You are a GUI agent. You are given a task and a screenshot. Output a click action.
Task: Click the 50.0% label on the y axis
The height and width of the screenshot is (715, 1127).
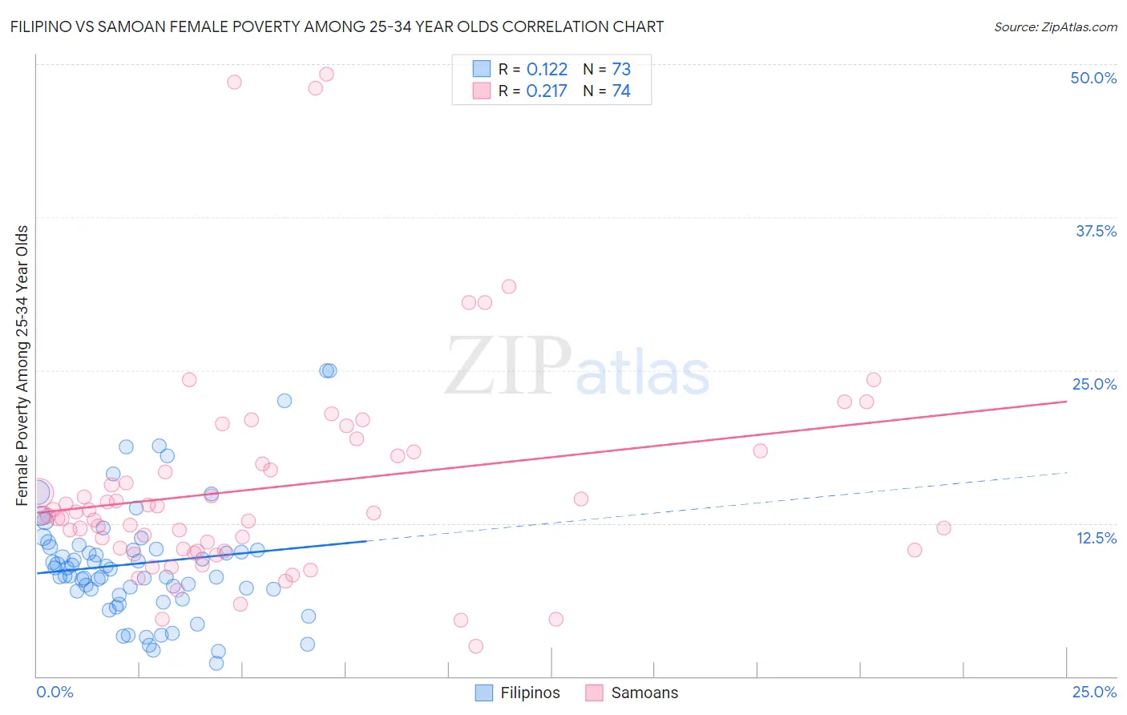point(1093,78)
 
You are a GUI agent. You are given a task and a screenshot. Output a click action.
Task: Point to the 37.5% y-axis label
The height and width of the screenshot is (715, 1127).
point(1095,231)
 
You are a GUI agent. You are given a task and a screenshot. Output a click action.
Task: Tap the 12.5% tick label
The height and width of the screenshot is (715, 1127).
point(1095,538)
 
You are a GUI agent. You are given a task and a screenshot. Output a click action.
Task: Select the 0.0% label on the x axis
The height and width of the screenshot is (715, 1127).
point(55,692)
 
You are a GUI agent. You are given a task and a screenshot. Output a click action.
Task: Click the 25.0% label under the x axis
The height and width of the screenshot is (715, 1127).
point(1094,692)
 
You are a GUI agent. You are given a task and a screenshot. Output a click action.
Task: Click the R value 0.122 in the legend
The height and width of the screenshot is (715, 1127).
point(547,69)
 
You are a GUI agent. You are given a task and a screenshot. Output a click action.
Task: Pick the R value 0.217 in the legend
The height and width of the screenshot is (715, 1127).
point(547,91)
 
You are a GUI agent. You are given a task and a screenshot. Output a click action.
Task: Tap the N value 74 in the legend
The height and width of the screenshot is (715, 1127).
point(621,91)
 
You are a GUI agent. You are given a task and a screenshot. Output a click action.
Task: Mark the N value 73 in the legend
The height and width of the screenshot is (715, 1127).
point(621,69)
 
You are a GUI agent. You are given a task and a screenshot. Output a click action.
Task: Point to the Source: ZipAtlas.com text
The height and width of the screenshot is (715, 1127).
point(1055,26)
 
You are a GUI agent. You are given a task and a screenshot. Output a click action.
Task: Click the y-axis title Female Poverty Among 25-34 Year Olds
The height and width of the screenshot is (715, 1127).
point(22,366)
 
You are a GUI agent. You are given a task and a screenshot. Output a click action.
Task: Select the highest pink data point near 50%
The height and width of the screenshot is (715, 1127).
point(326,74)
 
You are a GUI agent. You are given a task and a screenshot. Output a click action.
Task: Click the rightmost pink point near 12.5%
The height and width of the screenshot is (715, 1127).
point(943,527)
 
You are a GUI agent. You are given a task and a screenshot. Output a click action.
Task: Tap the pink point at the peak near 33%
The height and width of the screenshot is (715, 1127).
point(508,286)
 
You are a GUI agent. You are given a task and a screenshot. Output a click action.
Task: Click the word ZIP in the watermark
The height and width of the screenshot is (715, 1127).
point(508,367)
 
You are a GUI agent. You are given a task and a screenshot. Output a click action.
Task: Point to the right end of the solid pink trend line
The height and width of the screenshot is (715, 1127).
point(1066,401)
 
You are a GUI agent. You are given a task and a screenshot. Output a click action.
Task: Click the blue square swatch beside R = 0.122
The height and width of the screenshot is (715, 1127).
point(481,69)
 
